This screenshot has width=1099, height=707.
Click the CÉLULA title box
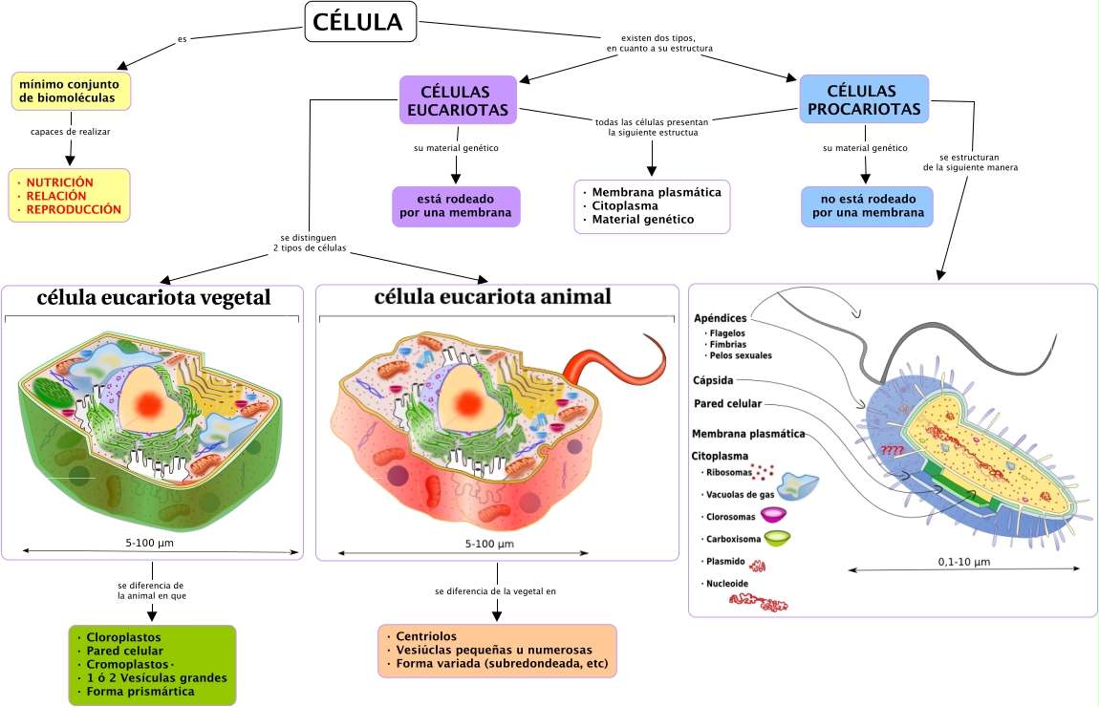pyautogui.click(x=361, y=22)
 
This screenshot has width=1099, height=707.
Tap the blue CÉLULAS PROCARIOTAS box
pyautogui.click(x=864, y=99)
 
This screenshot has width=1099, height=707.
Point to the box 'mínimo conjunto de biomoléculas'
pyautogui.click(x=71, y=91)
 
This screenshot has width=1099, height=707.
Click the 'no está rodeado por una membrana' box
pyautogui.click(x=866, y=205)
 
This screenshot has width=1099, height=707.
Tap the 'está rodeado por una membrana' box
pyautogui.click(x=456, y=206)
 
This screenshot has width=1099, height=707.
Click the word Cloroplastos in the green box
pyautogui.click(x=123, y=636)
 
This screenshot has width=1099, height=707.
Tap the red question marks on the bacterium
pyautogui.click(x=892, y=450)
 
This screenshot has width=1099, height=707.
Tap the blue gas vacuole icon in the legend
pyautogui.click(x=797, y=487)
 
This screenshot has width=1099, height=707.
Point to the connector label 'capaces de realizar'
pyautogui.click(x=71, y=132)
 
